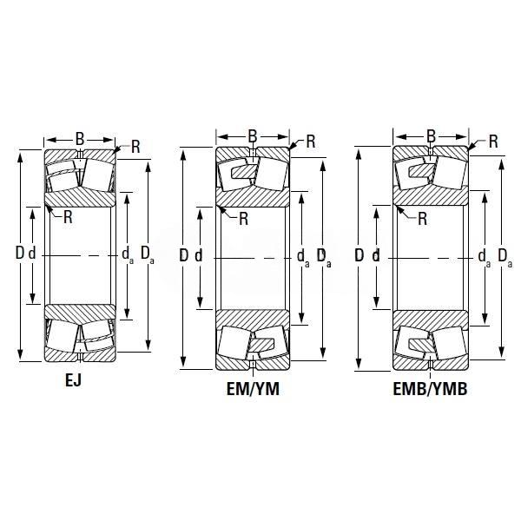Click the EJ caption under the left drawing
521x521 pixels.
(x=73, y=380)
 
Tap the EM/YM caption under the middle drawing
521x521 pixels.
(x=253, y=389)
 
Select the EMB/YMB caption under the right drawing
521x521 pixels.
(x=431, y=389)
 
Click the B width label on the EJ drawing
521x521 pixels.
(x=80, y=139)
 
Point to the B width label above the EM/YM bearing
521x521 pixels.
(x=253, y=136)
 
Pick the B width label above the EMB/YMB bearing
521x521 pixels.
(x=431, y=136)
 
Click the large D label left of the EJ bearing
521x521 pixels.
(x=20, y=254)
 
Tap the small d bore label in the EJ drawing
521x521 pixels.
(x=32, y=254)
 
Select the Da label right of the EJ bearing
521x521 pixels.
(x=148, y=254)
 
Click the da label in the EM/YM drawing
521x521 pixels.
(x=303, y=258)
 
